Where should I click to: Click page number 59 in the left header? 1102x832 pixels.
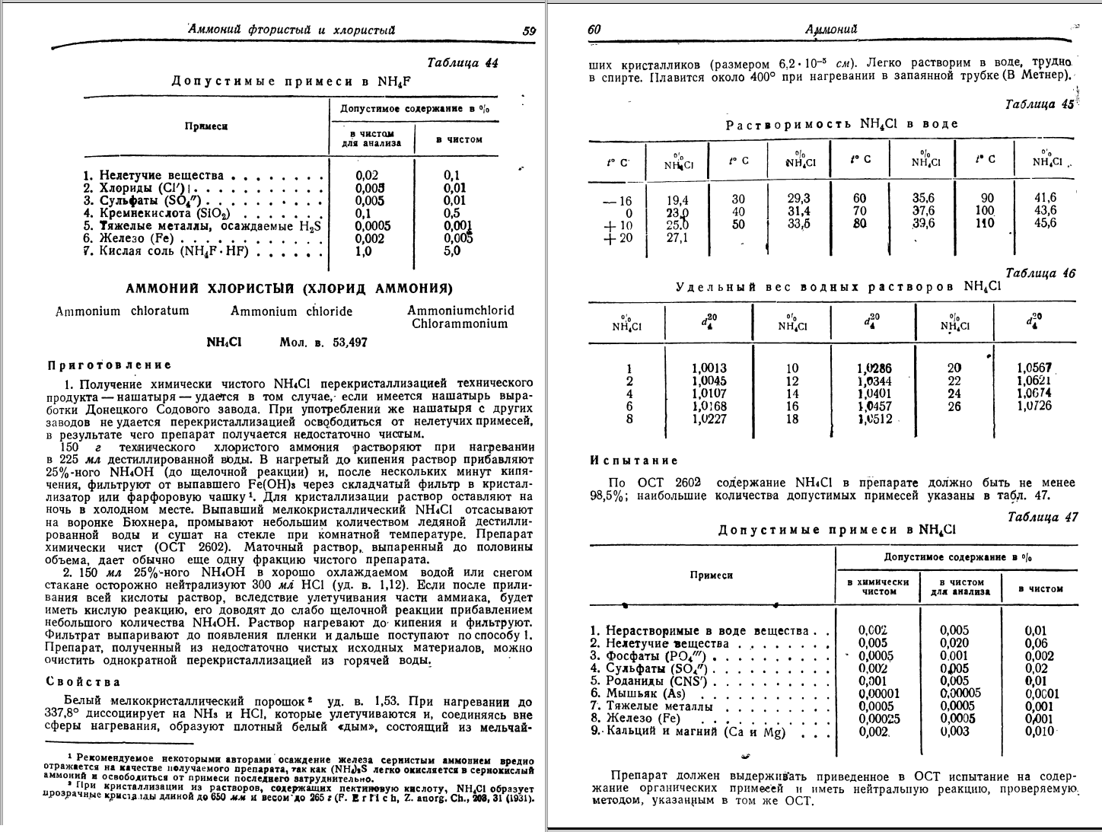tap(529, 31)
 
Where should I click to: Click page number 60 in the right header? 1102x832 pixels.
tap(594, 30)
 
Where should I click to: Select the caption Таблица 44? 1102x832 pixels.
tap(463, 63)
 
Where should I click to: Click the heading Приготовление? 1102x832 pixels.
tap(110, 365)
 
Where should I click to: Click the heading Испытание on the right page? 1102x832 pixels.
tap(633, 461)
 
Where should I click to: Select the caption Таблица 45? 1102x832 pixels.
tap(1039, 104)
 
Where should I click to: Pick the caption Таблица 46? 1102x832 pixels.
tap(1040, 273)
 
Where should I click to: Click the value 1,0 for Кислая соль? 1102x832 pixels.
tap(363, 251)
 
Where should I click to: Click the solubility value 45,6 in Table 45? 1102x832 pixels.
tap(1045, 223)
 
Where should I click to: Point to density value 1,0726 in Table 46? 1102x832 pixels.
tap(1034, 406)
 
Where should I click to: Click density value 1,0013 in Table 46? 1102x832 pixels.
tap(710, 368)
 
